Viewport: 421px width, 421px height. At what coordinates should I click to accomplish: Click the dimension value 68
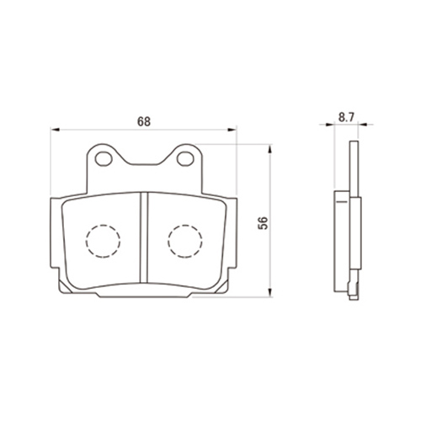(144, 121)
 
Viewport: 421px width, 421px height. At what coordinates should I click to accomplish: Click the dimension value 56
(264, 223)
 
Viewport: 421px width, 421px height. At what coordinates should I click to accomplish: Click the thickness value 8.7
(346, 117)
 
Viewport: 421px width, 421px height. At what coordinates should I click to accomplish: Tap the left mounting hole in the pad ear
(104, 158)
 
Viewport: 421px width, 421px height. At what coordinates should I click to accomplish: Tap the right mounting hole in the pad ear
(185, 158)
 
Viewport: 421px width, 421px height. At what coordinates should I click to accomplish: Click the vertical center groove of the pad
(144, 237)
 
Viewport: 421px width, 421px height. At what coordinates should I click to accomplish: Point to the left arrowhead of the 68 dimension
(56, 130)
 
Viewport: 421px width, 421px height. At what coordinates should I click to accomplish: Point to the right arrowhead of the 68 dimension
(232, 130)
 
